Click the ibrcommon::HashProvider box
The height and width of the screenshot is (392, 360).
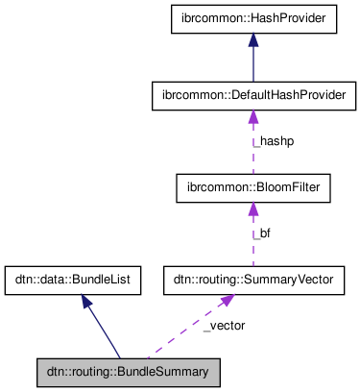(253, 18)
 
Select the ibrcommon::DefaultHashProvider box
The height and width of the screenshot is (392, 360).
(253, 96)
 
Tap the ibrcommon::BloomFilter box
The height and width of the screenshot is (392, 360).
(253, 188)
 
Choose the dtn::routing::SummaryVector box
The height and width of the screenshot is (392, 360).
(253, 281)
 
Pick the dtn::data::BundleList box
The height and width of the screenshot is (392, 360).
(73, 281)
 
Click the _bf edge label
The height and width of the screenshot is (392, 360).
(262, 233)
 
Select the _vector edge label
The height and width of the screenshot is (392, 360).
(225, 326)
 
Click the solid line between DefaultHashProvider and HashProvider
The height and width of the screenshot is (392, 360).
(253, 63)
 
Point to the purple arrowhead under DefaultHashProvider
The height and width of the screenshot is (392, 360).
(253, 117)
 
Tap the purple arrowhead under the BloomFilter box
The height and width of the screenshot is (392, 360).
(253, 209)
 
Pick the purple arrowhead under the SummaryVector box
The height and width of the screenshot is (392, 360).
(227, 301)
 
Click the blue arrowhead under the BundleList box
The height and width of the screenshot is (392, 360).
(85, 302)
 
